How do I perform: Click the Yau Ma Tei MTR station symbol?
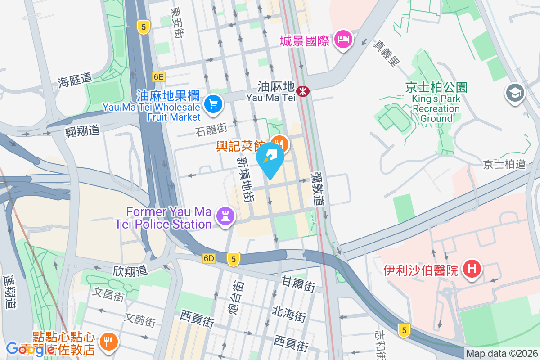point(304,91)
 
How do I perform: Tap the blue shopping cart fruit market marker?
point(213,104)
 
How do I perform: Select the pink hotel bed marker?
point(344,40)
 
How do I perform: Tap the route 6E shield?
point(158,77)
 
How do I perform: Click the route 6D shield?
point(209,258)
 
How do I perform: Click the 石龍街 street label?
point(211,130)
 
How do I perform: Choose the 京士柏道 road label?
point(504,164)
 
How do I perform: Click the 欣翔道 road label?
point(130,270)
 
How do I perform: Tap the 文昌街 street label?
point(108,295)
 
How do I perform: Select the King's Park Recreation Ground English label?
point(436,108)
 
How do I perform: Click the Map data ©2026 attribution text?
point(502,354)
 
